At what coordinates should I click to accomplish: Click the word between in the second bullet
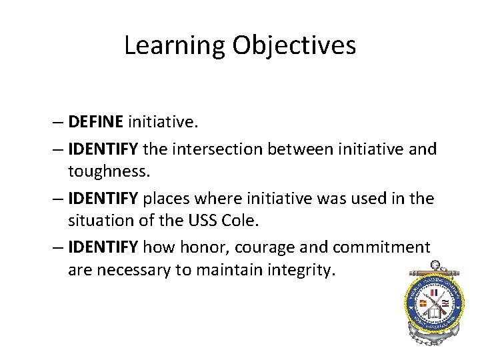(299, 149)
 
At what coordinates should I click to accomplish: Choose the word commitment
(379, 247)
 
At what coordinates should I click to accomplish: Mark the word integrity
(301, 270)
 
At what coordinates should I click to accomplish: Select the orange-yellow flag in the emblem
(422, 304)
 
